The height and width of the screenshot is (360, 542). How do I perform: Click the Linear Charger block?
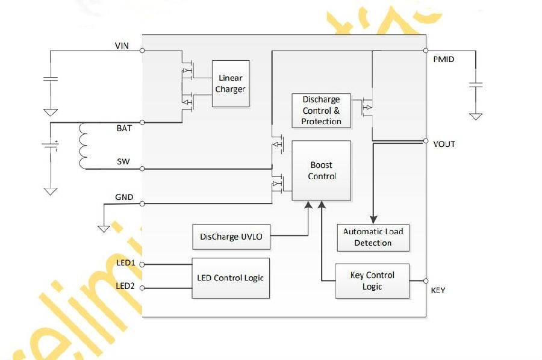pyautogui.click(x=231, y=84)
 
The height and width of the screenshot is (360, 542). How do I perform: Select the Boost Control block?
pyautogui.click(x=322, y=170)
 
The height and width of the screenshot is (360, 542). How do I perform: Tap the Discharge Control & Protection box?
pyautogui.click(x=321, y=111)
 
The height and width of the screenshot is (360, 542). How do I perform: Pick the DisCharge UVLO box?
pyautogui.click(x=231, y=237)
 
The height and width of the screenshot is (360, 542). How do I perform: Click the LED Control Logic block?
pyautogui.click(x=231, y=278)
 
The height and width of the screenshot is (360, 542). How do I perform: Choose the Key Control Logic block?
pyautogui.click(x=372, y=281)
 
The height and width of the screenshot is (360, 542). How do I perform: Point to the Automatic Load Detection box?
pyautogui.click(x=373, y=237)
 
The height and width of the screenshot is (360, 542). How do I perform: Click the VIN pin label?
pyautogui.click(x=122, y=46)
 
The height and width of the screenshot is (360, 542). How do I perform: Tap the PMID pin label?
pyautogui.click(x=443, y=60)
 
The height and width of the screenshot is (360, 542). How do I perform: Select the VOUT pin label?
pyautogui.click(x=444, y=144)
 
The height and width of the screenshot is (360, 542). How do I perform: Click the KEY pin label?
pyautogui.click(x=438, y=291)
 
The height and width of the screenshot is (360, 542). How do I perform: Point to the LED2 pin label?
pyautogui.click(x=125, y=286)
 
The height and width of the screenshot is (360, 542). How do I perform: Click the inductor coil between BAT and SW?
pyautogui.click(x=83, y=146)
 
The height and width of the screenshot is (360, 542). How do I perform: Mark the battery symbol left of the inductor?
pyautogui.click(x=51, y=146)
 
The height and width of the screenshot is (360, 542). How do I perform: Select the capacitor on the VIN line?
pyautogui.click(x=51, y=79)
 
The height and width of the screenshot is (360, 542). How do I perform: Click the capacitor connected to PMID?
pyautogui.click(x=476, y=85)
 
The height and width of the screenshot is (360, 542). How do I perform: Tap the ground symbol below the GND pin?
pyautogui.click(x=104, y=229)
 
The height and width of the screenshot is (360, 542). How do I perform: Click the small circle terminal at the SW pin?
pyautogui.click(x=142, y=169)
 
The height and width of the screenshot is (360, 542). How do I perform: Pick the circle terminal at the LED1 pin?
pyautogui.click(x=142, y=264)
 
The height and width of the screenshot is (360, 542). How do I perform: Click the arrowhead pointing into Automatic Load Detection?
pyautogui.click(x=373, y=220)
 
